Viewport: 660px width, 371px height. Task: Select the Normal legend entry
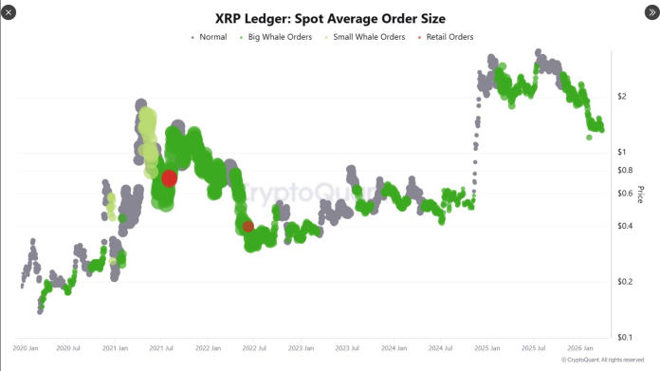coord(212,37)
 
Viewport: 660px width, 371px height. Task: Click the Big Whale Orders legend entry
coord(281,37)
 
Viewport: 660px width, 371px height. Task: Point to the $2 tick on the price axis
coord(622,96)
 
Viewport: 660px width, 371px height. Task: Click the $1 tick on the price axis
coord(622,152)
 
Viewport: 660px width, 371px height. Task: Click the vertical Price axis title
coord(641,195)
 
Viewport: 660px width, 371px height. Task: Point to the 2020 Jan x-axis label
coord(27,349)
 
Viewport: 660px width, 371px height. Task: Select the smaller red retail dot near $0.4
coord(247,227)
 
